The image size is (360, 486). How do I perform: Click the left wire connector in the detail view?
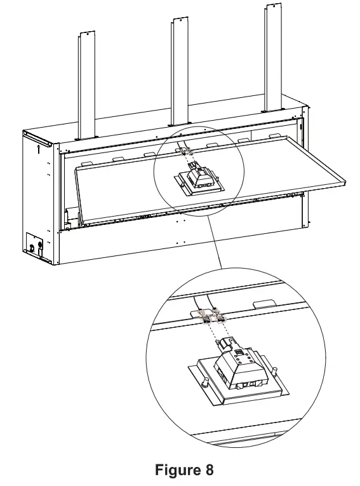point(205,316)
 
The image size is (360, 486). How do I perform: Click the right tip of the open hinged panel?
point(346,184)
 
